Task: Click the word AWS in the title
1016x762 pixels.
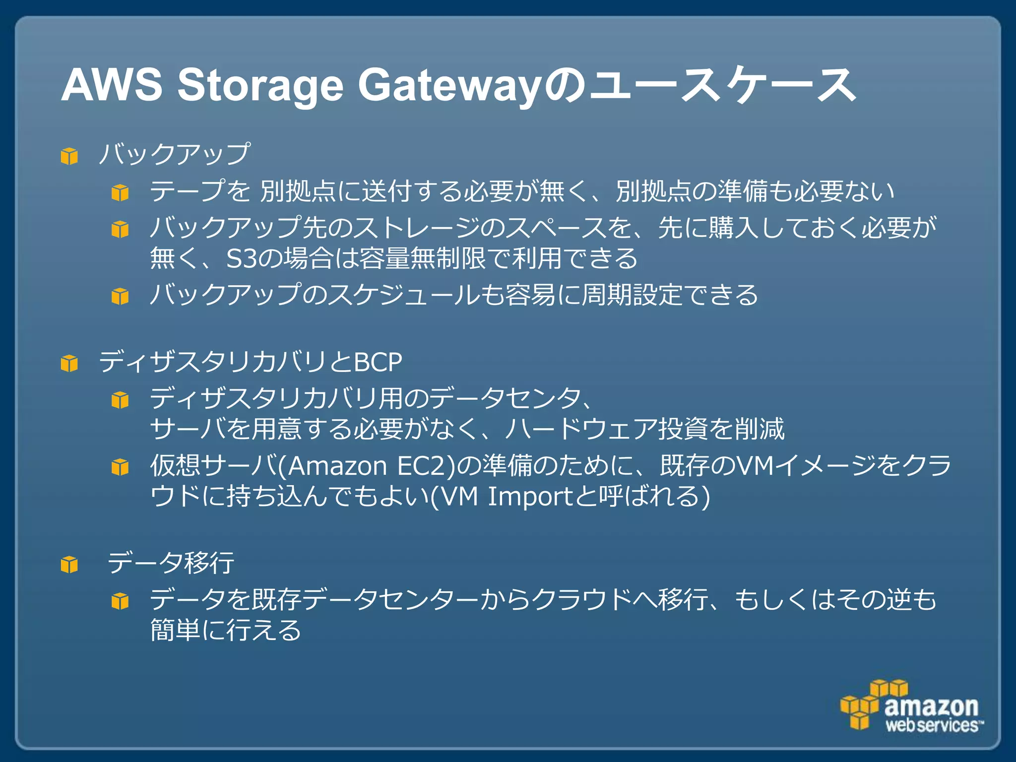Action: click(111, 85)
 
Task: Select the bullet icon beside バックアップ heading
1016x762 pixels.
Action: click(69, 156)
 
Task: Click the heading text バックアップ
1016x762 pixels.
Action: click(174, 154)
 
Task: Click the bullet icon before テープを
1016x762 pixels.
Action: click(120, 192)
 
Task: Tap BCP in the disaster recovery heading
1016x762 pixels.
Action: click(378, 362)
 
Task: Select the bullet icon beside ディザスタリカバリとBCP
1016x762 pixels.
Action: click(69, 364)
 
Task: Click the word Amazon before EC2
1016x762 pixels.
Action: click(337, 466)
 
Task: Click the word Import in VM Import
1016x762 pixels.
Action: click(531, 497)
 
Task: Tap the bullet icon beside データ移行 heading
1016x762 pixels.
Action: click(69, 565)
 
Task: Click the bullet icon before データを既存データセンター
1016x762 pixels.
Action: click(120, 601)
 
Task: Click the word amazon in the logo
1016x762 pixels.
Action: click(931, 706)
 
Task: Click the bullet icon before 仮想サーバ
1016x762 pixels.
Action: click(120, 467)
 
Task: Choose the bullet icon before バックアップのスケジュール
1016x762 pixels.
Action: click(120, 296)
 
